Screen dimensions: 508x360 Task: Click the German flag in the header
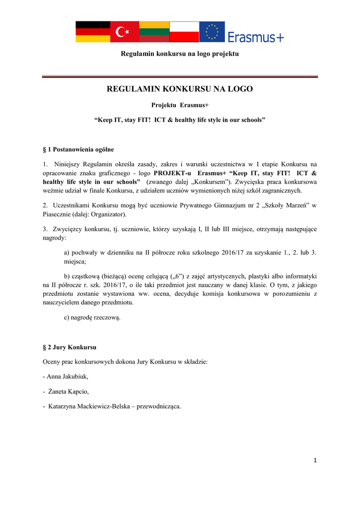(92, 32)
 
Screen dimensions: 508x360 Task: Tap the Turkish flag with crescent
(124, 32)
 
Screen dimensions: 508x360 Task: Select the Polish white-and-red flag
(184, 32)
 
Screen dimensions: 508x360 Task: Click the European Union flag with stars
(212, 32)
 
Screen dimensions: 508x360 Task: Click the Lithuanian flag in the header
(154, 32)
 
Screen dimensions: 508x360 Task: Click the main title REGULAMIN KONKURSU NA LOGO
(180, 89)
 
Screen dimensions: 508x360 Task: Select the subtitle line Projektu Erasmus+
(180, 105)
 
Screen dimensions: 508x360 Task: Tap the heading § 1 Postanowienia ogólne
(79, 149)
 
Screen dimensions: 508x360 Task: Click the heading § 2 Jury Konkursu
(70, 347)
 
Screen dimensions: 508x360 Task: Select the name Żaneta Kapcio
(69, 391)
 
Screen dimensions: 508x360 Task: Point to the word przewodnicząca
(159, 407)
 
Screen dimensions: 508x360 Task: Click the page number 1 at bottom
(315, 460)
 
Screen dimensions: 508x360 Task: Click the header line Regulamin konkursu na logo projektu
(180, 53)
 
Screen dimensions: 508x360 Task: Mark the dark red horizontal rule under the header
(180, 77)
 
